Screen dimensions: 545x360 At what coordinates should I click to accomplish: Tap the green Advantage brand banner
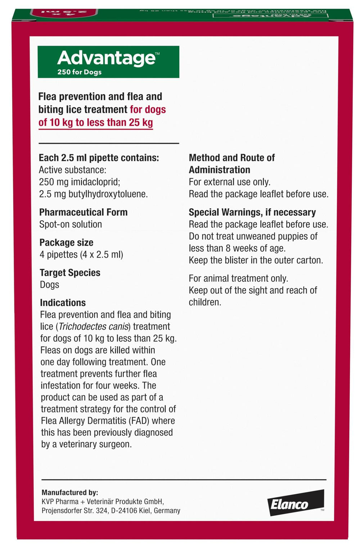pos(108,62)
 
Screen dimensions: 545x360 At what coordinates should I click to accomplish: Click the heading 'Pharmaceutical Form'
pos(83,212)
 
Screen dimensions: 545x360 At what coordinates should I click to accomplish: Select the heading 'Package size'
pos(66,242)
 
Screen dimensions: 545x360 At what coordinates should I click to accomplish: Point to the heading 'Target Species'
pos(70,273)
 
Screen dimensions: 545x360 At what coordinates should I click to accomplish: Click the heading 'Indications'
pos(63,303)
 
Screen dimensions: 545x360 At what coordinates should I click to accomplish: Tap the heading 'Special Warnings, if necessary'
pos(252,212)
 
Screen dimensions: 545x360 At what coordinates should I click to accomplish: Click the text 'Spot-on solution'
pos(71,224)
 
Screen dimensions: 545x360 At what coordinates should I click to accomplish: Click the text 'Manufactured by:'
pos(70,492)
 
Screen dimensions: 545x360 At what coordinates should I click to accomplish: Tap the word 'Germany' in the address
pos(167,510)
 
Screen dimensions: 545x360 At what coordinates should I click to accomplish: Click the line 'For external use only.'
pos(229,182)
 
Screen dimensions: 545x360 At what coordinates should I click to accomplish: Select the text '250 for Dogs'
pos(79,72)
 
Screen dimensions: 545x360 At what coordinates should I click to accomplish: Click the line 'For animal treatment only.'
pos(238,278)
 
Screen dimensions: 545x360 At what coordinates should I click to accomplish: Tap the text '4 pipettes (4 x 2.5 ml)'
pos(81,254)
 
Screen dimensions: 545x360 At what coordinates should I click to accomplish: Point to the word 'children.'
pos(205,302)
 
